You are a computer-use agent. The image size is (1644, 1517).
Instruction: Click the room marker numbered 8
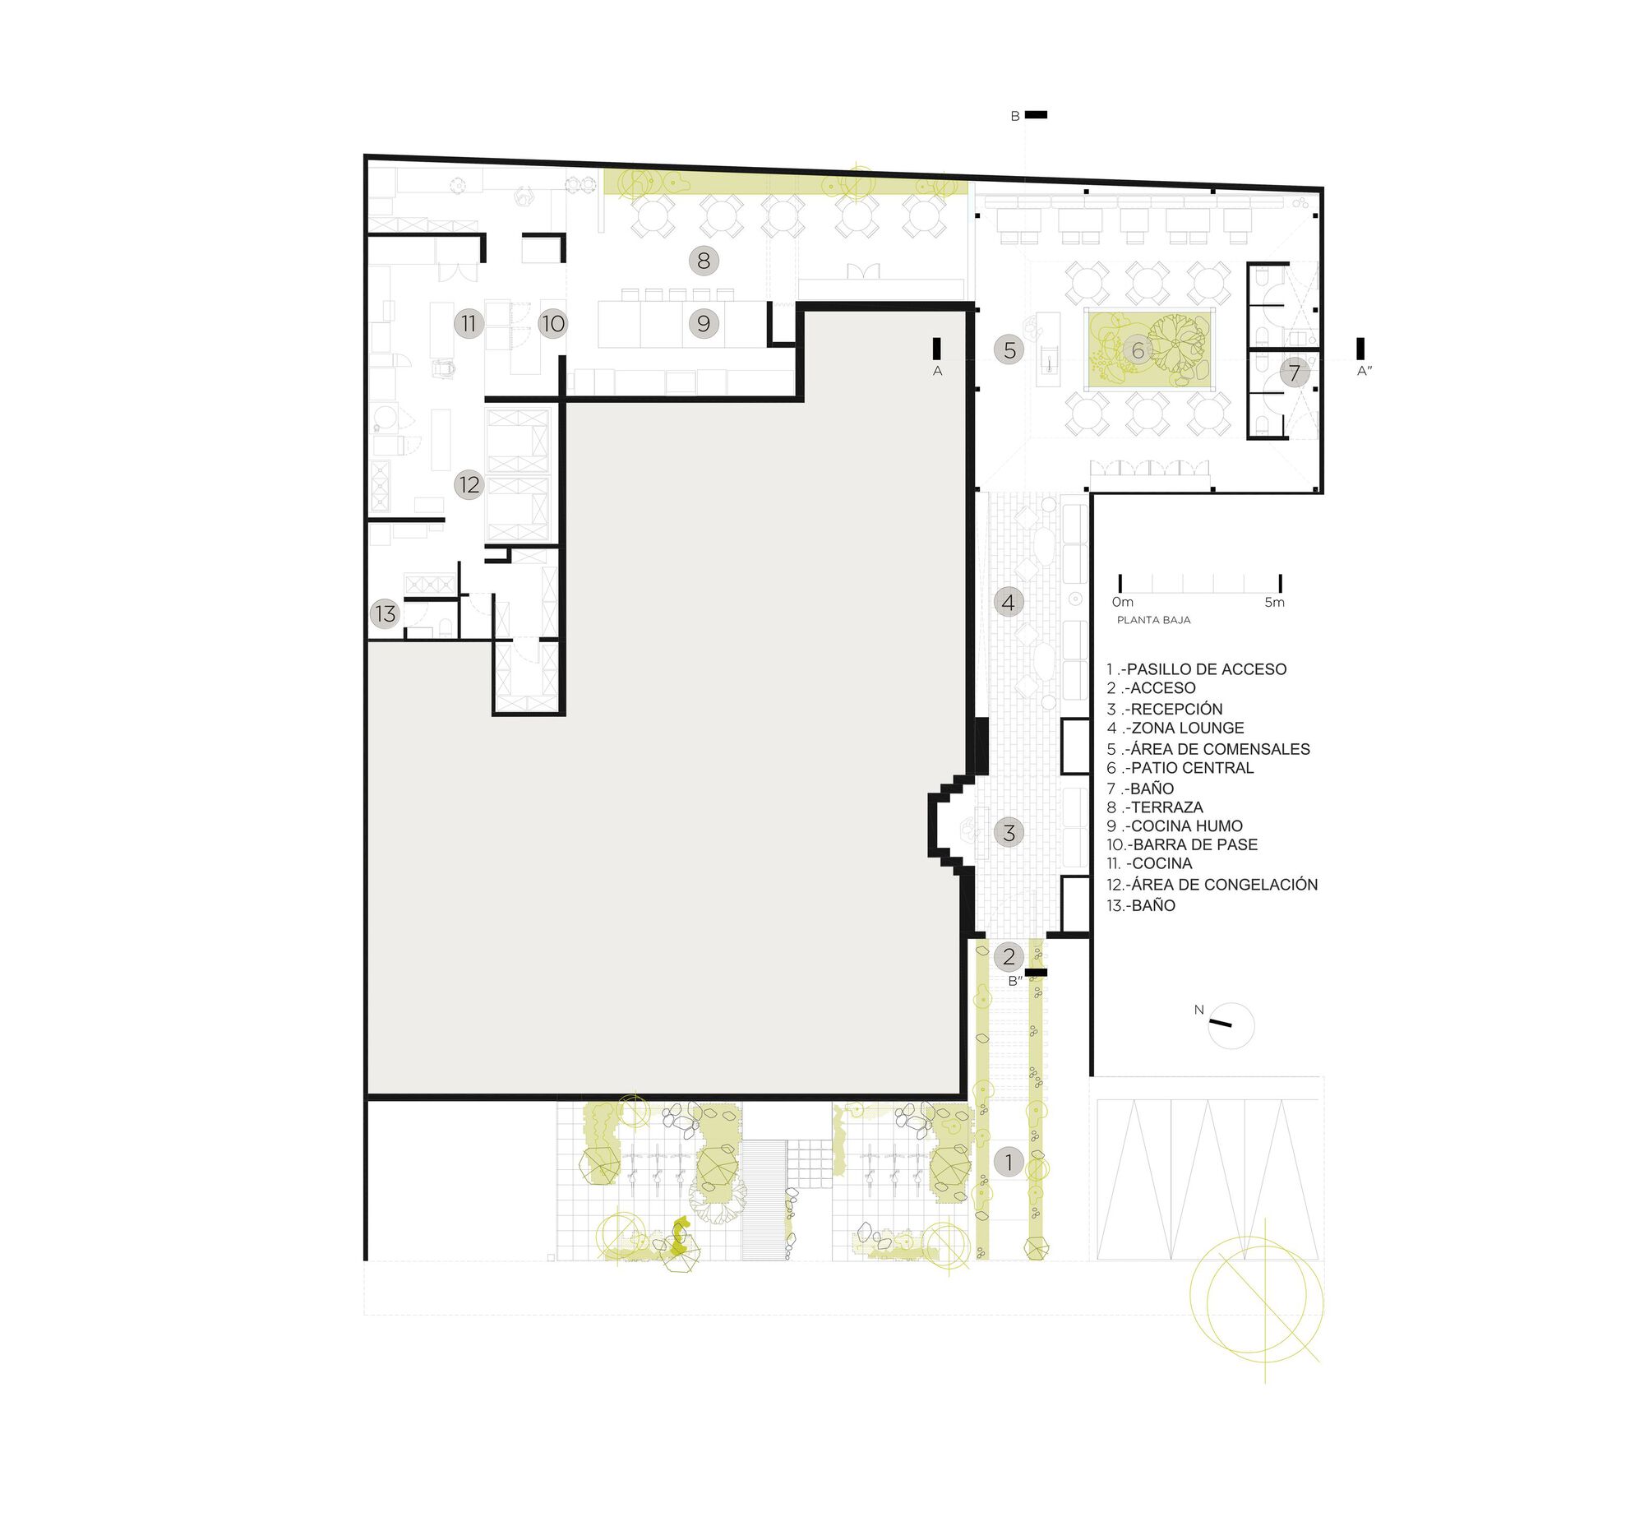pyautogui.click(x=703, y=261)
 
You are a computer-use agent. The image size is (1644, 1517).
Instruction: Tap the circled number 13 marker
pyautogui.click(x=385, y=613)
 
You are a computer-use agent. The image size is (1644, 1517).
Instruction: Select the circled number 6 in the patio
pyautogui.click(x=1138, y=351)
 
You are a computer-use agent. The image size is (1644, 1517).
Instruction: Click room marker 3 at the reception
pyautogui.click(x=1009, y=832)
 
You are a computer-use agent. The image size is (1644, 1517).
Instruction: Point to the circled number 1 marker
pyautogui.click(x=1009, y=1163)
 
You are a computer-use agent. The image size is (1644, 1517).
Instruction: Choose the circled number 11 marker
pyautogui.click(x=469, y=324)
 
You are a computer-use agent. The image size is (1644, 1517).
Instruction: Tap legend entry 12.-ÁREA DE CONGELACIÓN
pyautogui.click(x=1212, y=885)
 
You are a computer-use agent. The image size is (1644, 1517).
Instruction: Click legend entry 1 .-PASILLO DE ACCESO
pyautogui.click(x=1196, y=669)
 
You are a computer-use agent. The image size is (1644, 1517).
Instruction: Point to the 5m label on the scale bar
pyautogui.click(x=1274, y=603)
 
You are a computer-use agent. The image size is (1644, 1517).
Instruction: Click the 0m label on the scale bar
pyautogui.click(x=1123, y=603)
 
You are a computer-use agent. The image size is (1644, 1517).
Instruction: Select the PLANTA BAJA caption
pyautogui.click(x=1153, y=620)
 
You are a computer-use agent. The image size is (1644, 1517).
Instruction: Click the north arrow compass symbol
pyautogui.click(x=1231, y=1025)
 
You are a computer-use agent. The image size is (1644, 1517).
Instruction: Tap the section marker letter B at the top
pyautogui.click(x=1015, y=117)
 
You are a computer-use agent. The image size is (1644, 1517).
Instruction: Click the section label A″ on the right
pyautogui.click(x=1365, y=372)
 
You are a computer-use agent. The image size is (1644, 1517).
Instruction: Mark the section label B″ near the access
pyautogui.click(x=1015, y=981)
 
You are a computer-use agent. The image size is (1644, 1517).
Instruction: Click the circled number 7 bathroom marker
pyautogui.click(x=1294, y=373)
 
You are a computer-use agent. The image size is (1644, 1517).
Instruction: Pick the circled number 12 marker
pyautogui.click(x=469, y=485)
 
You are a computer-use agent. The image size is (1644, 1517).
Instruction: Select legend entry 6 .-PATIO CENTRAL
pyautogui.click(x=1180, y=768)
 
